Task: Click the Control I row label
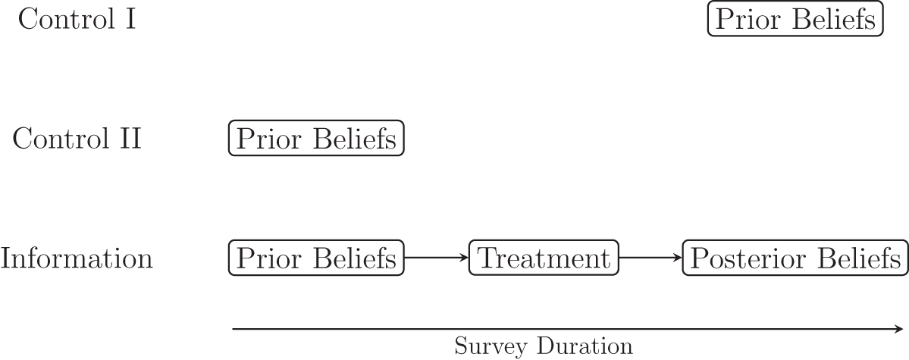[x=77, y=20]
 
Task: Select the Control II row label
[x=77, y=139]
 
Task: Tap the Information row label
[x=77, y=258]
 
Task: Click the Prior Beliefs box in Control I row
[x=795, y=20]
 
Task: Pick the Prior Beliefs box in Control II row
[x=316, y=139]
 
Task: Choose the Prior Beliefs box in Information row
[x=316, y=258]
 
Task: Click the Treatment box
[x=544, y=258]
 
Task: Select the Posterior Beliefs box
[x=795, y=258]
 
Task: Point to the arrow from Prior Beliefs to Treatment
[x=437, y=258]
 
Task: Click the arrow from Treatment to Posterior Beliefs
[x=651, y=258]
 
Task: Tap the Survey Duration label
[x=544, y=347]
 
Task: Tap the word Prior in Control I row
[x=743, y=20]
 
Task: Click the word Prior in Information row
[x=264, y=258]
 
